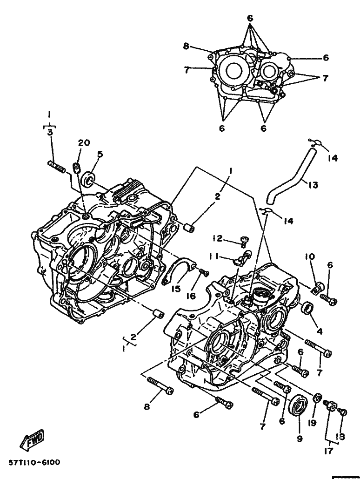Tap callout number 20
(84, 142)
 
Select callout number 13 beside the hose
(313, 184)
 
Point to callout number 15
(176, 289)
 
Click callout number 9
(300, 439)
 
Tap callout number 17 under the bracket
(328, 451)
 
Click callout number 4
(320, 331)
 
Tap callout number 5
(100, 154)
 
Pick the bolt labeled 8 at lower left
(160, 385)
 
